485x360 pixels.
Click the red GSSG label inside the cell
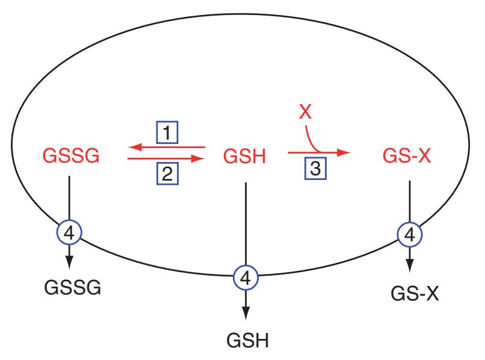[70, 158]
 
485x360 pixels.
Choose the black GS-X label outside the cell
[412, 294]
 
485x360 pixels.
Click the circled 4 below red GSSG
[70, 232]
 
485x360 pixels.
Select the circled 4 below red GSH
[245, 278]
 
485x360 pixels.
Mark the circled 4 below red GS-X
[410, 234]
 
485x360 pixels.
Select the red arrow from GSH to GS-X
[319, 153]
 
